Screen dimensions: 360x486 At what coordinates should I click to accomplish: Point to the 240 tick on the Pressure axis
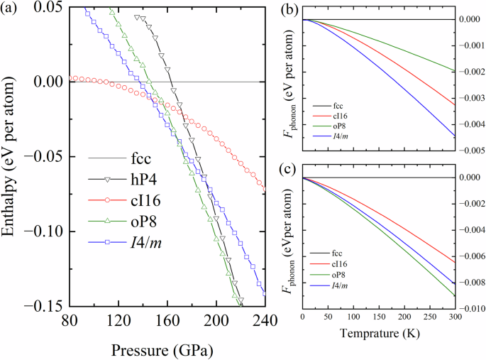coord(263,320)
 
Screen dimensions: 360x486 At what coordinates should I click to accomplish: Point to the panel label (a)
coord(12,9)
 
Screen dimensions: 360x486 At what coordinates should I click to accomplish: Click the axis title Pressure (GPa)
coord(162,350)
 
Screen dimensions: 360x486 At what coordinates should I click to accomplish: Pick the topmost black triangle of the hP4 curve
coord(137,16)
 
